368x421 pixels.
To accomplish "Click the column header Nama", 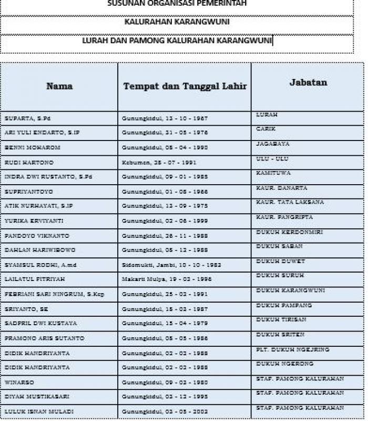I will tap(59, 86).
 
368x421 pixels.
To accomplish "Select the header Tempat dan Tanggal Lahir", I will tap(185, 86).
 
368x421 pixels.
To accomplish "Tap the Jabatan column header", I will tap(308, 82).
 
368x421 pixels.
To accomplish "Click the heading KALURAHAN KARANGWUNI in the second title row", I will tap(177, 22).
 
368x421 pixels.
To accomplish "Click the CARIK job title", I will tap(265, 129).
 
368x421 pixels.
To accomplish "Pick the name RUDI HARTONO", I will tap(29, 163).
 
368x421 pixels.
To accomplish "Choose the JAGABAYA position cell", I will tap(272, 144).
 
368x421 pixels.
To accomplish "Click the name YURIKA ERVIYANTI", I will tap(33, 221).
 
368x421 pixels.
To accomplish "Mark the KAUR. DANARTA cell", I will tap(281, 188).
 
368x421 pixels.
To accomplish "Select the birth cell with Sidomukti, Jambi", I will tap(171, 265).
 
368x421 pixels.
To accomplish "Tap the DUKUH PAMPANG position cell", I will tap(283, 305).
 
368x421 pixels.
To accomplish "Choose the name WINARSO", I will tap(19, 382).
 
